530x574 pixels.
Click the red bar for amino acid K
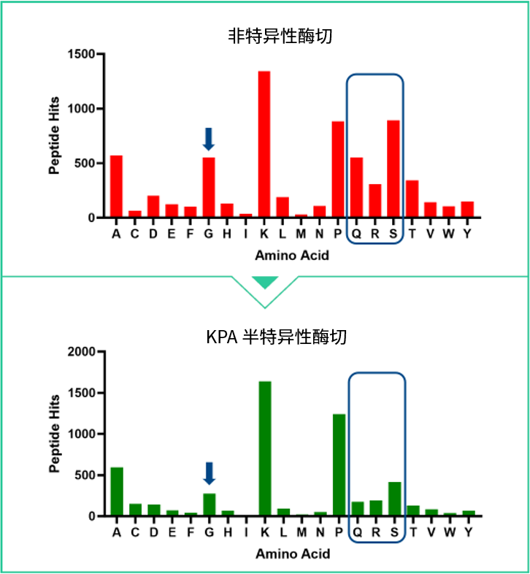[264, 145]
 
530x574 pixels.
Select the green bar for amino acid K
[264, 448]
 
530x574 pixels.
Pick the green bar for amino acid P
[339, 465]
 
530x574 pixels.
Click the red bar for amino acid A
[116, 186]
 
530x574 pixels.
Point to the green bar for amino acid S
[394, 499]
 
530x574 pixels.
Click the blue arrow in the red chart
[209, 138]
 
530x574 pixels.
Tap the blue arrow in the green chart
[210, 472]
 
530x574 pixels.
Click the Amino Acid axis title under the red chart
[291, 256]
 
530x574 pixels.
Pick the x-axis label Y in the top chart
[467, 234]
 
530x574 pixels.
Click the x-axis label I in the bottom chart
[246, 532]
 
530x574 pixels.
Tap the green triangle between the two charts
[264, 282]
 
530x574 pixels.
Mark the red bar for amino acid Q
[356, 187]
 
